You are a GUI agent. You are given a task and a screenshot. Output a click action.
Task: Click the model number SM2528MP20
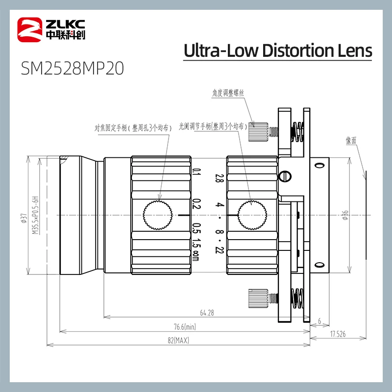pos(72,69)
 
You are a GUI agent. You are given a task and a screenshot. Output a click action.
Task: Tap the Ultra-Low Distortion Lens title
pos(278,50)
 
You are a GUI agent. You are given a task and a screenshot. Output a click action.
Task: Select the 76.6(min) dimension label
pos(184,327)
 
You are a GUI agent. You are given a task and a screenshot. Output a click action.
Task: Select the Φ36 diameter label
pos(345,215)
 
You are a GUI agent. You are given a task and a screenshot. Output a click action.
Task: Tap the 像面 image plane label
pos(351,140)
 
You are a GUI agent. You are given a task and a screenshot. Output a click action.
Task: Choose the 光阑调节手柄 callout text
pos(212,126)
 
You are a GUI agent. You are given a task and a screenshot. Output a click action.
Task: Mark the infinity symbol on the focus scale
pos(195,255)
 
